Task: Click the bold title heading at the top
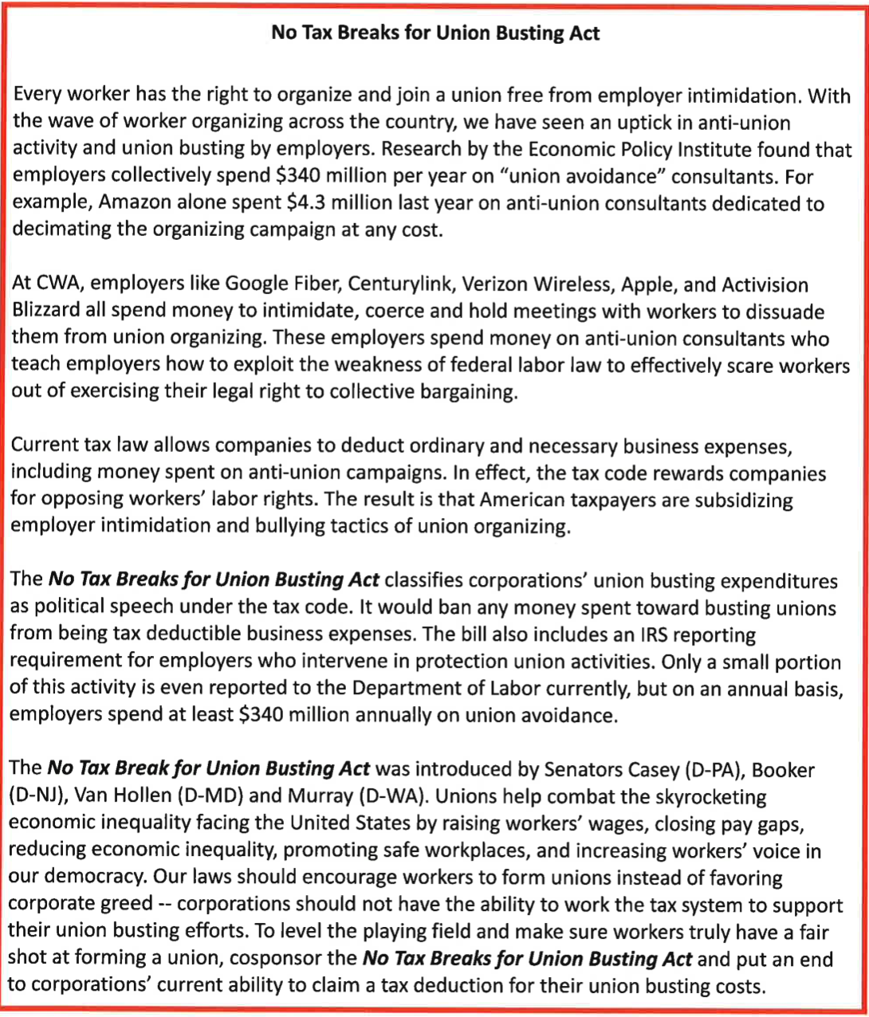pyautogui.click(x=435, y=33)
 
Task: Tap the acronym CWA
pyautogui.click(x=53, y=285)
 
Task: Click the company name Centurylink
pyautogui.click(x=388, y=285)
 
